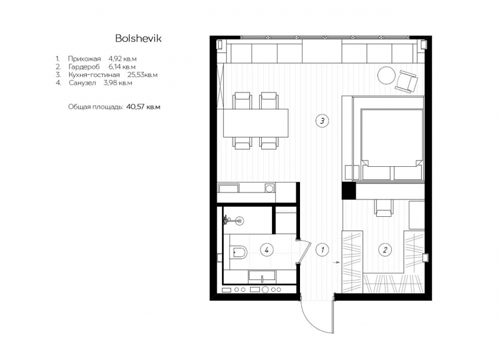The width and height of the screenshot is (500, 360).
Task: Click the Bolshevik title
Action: click(138, 38)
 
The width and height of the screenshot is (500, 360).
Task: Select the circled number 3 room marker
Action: click(322, 121)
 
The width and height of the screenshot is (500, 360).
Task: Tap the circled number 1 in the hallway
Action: click(322, 249)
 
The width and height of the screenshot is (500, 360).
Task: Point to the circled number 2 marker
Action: click(385, 249)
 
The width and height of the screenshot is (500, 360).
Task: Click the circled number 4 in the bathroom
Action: click(267, 249)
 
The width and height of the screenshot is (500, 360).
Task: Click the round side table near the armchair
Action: click(386, 75)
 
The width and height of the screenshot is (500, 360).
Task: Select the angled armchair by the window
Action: click(407, 81)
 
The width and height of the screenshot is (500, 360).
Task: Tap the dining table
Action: click(256, 123)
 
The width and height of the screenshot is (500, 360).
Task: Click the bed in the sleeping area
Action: click(392, 144)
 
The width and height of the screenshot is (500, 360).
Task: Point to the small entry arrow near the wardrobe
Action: click(336, 262)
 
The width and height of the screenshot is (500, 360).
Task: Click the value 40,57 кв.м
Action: click(143, 107)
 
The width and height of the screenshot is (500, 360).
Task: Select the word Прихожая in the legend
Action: click(84, 59)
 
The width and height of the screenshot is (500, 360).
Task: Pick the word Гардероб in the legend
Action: click(84, 67)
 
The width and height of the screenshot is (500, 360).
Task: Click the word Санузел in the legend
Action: click(82, 83)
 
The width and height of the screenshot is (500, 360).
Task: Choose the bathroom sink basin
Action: click(262, 276)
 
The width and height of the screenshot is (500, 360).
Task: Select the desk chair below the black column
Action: click(384, 209)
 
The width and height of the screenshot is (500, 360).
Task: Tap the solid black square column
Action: click(348, 191)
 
